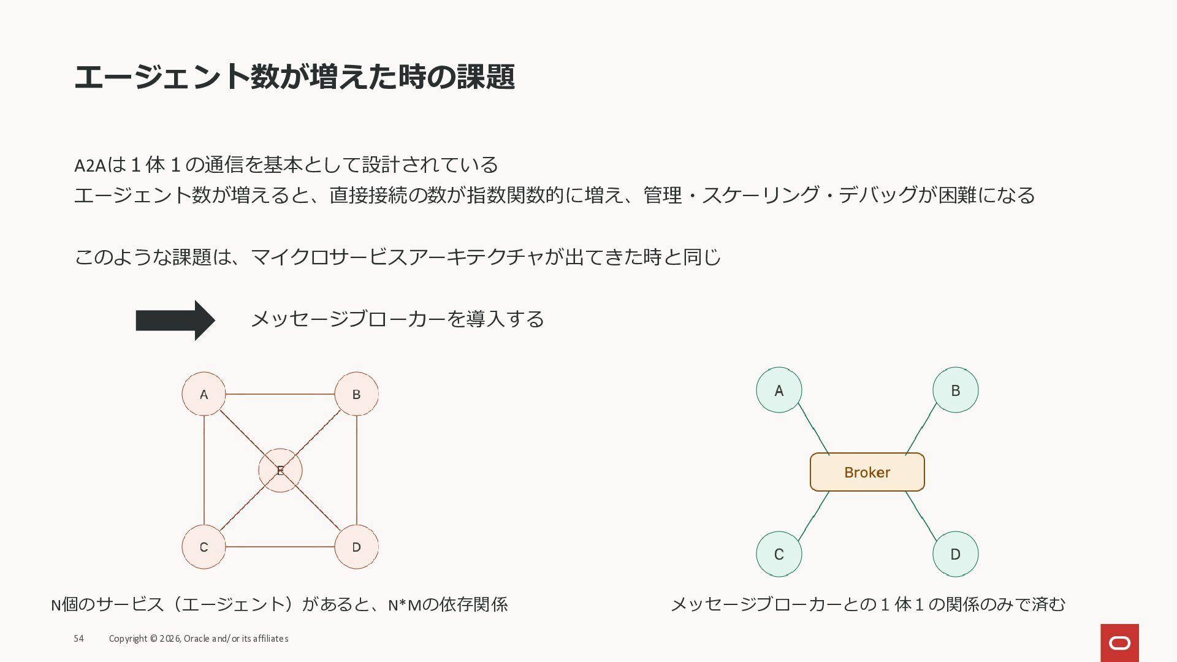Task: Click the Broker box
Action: (867, 472)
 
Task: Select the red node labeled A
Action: (204, 394)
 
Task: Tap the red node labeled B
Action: (356, 394)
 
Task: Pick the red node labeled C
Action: (204, 547)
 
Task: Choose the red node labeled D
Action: (356, 547)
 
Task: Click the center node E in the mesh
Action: (280, 471)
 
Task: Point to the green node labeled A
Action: (779, 390)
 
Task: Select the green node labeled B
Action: (955, 390)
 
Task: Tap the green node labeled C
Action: (779, 554)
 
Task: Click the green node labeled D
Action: (955, 554)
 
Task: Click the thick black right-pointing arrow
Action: (175, 320)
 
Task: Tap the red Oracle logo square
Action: (1119, 642)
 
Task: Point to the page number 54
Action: (78, 639)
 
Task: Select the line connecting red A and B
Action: (280, 394)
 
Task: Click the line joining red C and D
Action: (280, 547)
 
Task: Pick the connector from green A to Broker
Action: (813, 429)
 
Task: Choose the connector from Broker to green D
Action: (921, 516)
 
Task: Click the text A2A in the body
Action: (90, 165)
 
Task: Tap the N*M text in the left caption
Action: (405, 606)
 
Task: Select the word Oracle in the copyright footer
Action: (196, 639)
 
